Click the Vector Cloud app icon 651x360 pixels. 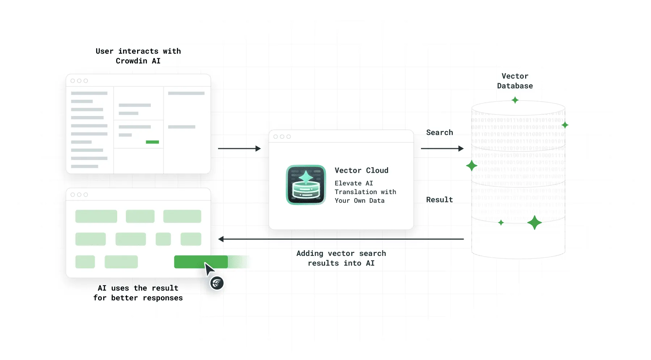(306, 185)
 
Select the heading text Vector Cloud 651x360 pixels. (361, 170)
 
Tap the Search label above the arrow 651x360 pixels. (439, 132)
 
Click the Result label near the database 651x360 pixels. (439, 200)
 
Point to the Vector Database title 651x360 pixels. (515, 81)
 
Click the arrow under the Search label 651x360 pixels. (442, 149)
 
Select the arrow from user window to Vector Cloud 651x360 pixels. (239, 149)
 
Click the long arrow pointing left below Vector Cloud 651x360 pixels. (341, 239)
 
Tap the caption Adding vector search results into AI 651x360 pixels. (341, 258)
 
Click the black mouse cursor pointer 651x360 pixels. (209, 269)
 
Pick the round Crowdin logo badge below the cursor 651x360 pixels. (217, 283)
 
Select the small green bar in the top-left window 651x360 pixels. (152, 142)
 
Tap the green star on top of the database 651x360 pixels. (515, 100)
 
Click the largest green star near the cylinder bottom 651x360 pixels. (534, 223)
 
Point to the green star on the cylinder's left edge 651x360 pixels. (472, 166)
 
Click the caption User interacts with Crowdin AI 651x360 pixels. (138, 56)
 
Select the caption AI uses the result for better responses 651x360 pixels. (138, 293)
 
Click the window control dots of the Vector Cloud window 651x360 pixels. (282, 137)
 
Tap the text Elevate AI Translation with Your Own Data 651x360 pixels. (365, 192)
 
